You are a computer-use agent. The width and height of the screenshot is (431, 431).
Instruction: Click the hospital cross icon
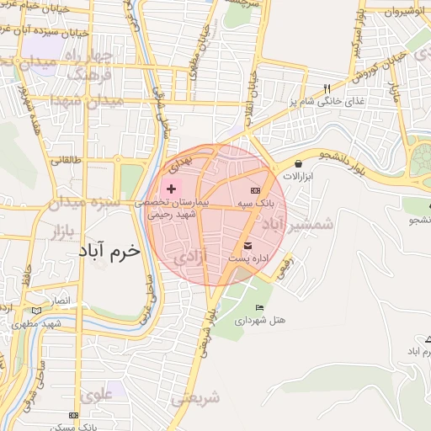[x=172, y=189]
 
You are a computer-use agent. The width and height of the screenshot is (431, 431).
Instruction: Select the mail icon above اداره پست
[x=247, y=246]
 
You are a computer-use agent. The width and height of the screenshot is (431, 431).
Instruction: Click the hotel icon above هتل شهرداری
[x=259, y=307]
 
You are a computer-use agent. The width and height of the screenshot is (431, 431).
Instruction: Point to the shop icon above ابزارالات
[x=299, y=163]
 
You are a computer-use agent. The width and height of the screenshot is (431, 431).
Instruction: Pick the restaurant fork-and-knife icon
[x=327, y=88]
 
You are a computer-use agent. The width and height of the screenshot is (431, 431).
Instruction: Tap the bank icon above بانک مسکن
[x=74, y=416]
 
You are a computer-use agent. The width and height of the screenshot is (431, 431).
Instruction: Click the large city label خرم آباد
[x=109, y=252]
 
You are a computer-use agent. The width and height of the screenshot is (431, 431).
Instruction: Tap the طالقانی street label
[x=67, y=158]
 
